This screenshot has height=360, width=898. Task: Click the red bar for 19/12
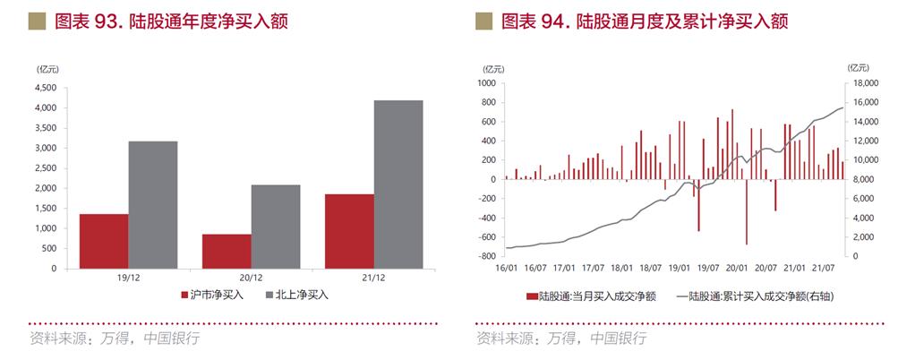pyautogui.click(x=104, y=241)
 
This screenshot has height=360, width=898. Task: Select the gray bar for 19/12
pyautogui.click(x=153, y=205)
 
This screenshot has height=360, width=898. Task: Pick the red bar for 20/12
pyautogui.click(x=227, y=251)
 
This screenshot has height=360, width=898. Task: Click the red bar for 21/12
pyautogui.click(x=349, y=231)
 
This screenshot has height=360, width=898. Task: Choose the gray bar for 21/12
pyautogui.click(x=398, y=184)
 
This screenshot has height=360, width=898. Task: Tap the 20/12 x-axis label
pyautogui.click(x=251, y=279)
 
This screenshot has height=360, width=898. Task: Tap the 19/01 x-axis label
pyautogui.click(x=678, y=267)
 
